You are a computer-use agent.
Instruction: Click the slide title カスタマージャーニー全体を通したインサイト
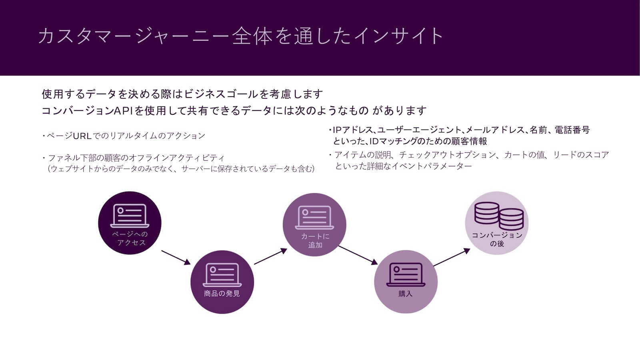(240, 36)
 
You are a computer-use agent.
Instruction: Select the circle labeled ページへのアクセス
(130, 223)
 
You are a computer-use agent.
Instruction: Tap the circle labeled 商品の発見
(222, 282)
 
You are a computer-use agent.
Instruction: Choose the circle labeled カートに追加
(314, 224)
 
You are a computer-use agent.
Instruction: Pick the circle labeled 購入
(406, 282)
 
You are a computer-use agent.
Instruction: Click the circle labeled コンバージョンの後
(497, 223)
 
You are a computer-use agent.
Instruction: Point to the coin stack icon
(499, 216)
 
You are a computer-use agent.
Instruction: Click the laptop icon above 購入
(406, 274)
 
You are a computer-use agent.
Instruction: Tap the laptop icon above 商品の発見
(222, 274)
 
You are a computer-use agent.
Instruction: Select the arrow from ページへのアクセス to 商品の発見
(176, 257)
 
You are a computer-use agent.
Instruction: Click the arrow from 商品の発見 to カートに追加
(270, 256)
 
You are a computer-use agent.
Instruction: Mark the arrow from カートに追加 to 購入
(358, 255)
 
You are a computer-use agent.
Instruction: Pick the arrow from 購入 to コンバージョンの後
(452, 257)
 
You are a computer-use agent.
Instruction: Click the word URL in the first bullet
(82, 136)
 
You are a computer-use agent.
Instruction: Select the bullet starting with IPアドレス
(460, 130)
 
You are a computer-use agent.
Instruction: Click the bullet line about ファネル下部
(136, 158)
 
